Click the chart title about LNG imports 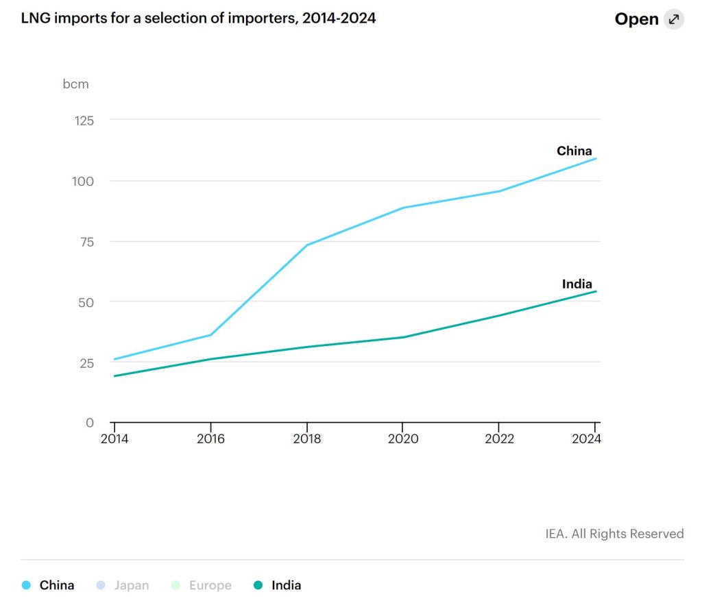pos(199,18)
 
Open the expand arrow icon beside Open pos(674,19)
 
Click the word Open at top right pos(636,19)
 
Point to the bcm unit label pos(76,84)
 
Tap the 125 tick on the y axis pos(84,120)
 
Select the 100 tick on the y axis pos(84,181)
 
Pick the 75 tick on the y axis pos(86,241)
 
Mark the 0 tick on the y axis pos(89,423)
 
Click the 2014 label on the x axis pos(114,439)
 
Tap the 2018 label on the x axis pos(306,439)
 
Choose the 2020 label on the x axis pos(403,439)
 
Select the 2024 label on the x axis pos(585,439)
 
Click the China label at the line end pos(574,151)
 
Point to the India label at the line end pos(577,284)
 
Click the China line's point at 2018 pos(306,245)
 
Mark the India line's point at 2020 pos(403,337)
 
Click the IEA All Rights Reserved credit pos(614,533)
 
